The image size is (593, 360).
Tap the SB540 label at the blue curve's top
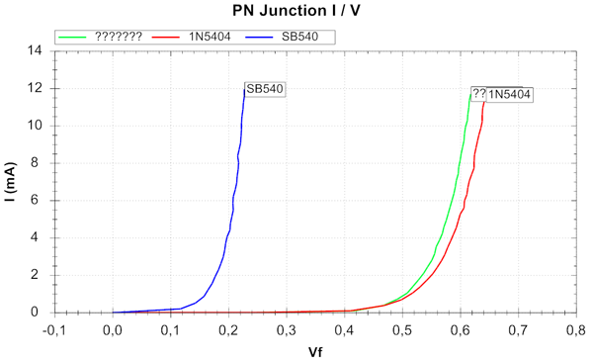click(265, 89)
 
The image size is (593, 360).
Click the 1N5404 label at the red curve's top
click(510, 95)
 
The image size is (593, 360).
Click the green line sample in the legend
click(73, 37)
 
